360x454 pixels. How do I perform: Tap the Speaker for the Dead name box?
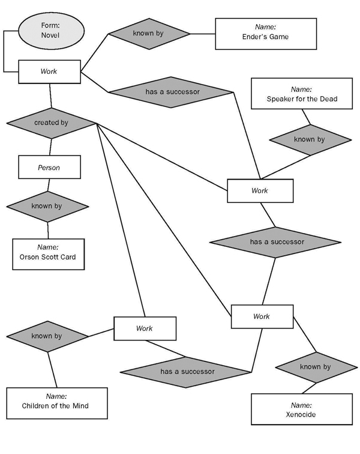(x=302, y=94)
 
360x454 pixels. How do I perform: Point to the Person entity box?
(x=49, y=168)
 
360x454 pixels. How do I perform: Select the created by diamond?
(x=51, y=123)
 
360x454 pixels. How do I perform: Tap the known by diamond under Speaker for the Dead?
(x=309, y=140)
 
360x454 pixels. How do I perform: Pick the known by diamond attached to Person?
(x=47, y=206)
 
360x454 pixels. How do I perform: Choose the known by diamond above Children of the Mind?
(x=46, y=336)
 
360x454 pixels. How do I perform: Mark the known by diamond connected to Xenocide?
(x=315, y=367)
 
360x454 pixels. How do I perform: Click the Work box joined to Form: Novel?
(x=49, y=71)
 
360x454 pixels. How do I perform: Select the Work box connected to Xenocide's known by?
(x=262, y=316)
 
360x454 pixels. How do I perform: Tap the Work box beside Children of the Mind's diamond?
(x=145, y=328)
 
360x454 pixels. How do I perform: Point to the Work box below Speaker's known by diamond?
(x=260, y=191)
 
